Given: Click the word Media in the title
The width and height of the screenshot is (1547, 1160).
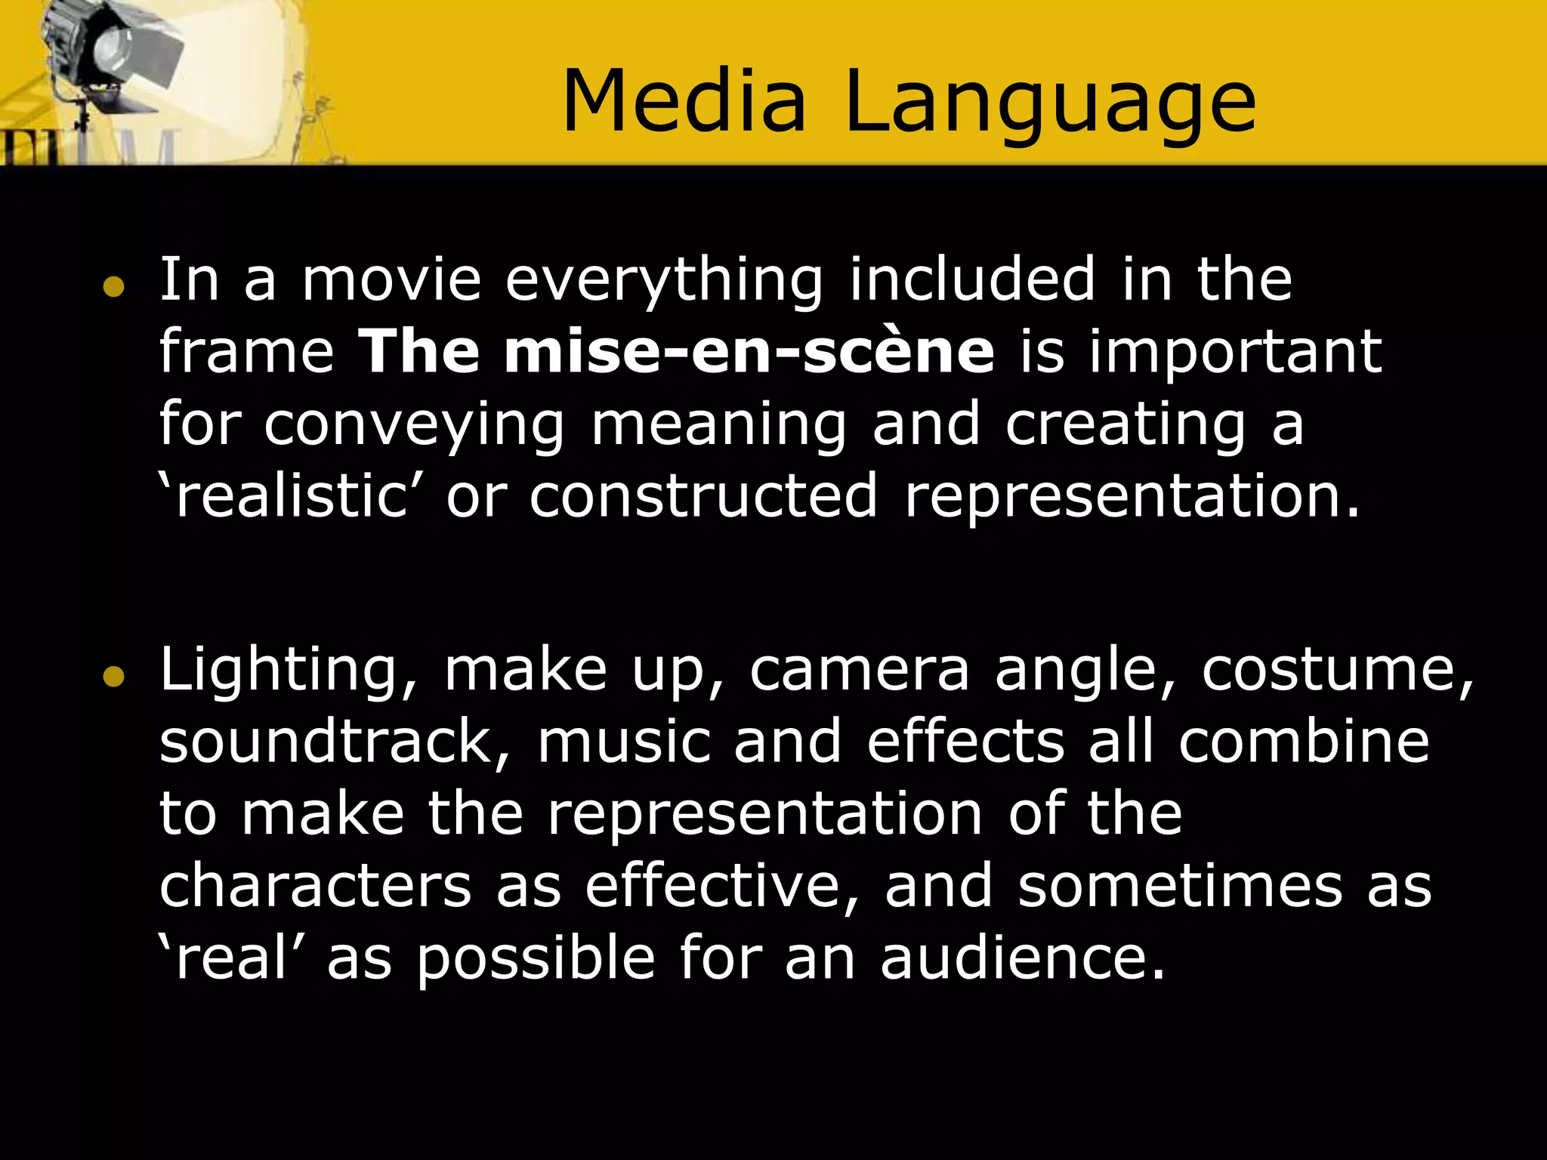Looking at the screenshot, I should (684, 101).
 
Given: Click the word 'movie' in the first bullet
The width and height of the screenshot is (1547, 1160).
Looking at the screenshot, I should (391, 279).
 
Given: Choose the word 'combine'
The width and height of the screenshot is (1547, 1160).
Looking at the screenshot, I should (1304, 742).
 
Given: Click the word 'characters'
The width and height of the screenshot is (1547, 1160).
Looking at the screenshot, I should (315, 887).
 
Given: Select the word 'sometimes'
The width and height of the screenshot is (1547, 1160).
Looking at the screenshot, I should (1180, 887).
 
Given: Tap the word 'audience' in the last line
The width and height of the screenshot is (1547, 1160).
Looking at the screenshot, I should (1023, 959).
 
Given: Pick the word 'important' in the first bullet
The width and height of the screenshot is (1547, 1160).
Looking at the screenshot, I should (1234, 353).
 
